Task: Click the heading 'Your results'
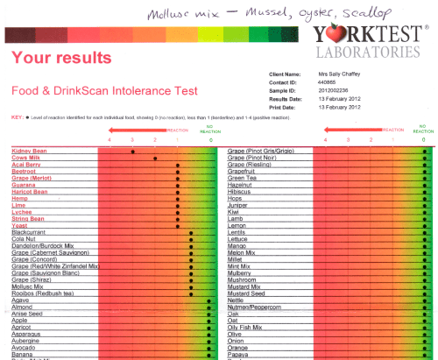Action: coord(61,59)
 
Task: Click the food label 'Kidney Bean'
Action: coord(29,152)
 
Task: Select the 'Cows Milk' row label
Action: coord(27,159)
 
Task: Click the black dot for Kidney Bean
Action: coord(132,152)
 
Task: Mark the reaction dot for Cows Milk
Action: coord(155,159)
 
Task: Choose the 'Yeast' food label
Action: coord(21,225)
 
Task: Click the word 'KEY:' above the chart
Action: coord(17,116)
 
